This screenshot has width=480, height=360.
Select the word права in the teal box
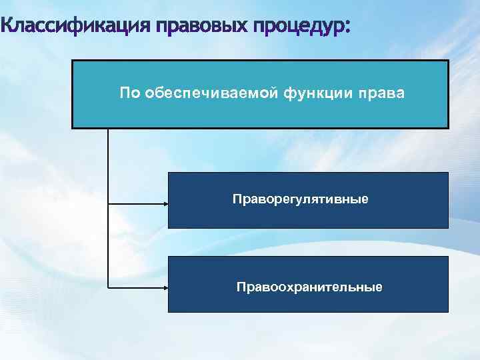click(x=383, y=93)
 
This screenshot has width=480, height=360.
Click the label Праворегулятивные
click(x=300, y=199)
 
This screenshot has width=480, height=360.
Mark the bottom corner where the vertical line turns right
click(x=108, y=287)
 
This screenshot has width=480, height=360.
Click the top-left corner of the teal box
click(x=73, y=61)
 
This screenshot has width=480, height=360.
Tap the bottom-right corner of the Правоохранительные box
click(x=448, y=311)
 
